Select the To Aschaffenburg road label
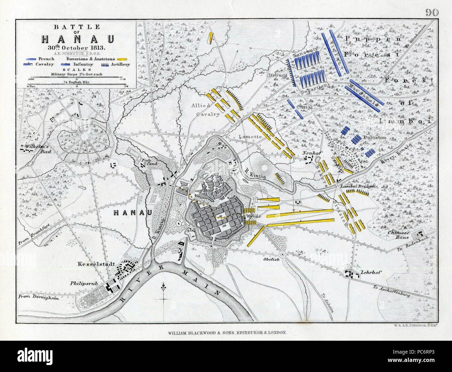[394, 291]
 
